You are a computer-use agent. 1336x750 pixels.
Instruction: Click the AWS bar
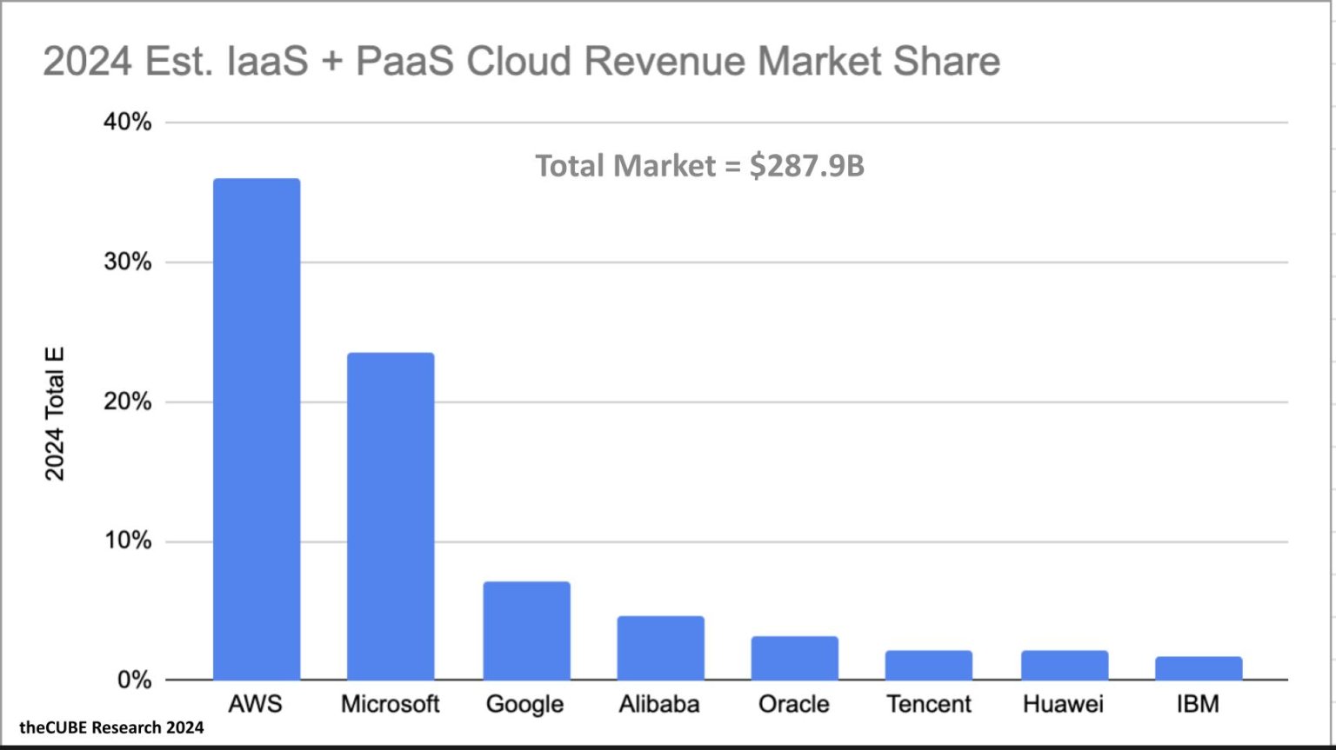click(257, 429)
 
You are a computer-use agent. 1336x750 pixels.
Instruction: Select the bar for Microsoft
click(391, 516)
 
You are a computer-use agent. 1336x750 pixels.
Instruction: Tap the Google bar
click(526, 631)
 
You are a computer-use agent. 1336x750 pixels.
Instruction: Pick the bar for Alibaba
click(660, 648)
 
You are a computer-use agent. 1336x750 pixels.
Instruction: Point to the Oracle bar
click(794, 658)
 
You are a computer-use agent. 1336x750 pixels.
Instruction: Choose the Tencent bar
click(928, 665)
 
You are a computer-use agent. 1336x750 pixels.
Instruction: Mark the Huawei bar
click(1064, 665)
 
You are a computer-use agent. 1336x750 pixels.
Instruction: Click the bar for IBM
click(1198, 668)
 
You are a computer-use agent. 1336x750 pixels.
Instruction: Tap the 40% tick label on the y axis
click(128, 123)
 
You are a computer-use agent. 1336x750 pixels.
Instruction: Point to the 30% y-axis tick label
click(128, 262)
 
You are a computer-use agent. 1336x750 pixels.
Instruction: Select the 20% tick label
click(128, 402)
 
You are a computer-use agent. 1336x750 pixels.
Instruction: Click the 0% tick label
click(134, 680)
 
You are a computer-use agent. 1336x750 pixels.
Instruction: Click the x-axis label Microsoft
click(391, 704)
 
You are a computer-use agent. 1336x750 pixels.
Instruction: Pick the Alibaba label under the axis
click(659, 704)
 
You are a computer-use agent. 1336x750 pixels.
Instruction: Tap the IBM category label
click(1198, 704)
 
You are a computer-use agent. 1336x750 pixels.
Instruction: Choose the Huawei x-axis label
click(1063, 704)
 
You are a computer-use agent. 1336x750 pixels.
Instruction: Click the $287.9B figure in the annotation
click(806, 165)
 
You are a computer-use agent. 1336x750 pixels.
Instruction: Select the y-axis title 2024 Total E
click(55, 414)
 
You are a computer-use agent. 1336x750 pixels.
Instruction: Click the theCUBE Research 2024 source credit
click(111, 727)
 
